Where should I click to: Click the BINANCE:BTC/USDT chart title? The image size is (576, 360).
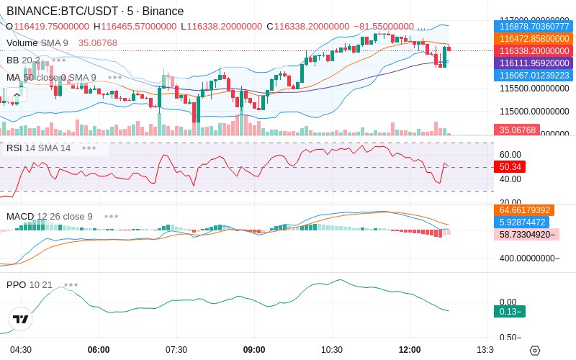[94, 11]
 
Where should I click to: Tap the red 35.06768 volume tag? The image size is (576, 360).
[516, 130]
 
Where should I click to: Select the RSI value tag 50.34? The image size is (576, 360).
[510, 166]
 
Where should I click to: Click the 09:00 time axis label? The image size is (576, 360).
[254, 350]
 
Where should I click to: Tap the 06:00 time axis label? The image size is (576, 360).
[99, 350]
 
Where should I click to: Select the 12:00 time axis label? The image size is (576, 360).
[410, 350]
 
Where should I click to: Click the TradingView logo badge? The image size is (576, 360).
[21, 319]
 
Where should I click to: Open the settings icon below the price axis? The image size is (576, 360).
[534, 351]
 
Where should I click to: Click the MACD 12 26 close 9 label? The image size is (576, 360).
[50, 216]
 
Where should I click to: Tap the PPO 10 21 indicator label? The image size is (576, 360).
[30, 284]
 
